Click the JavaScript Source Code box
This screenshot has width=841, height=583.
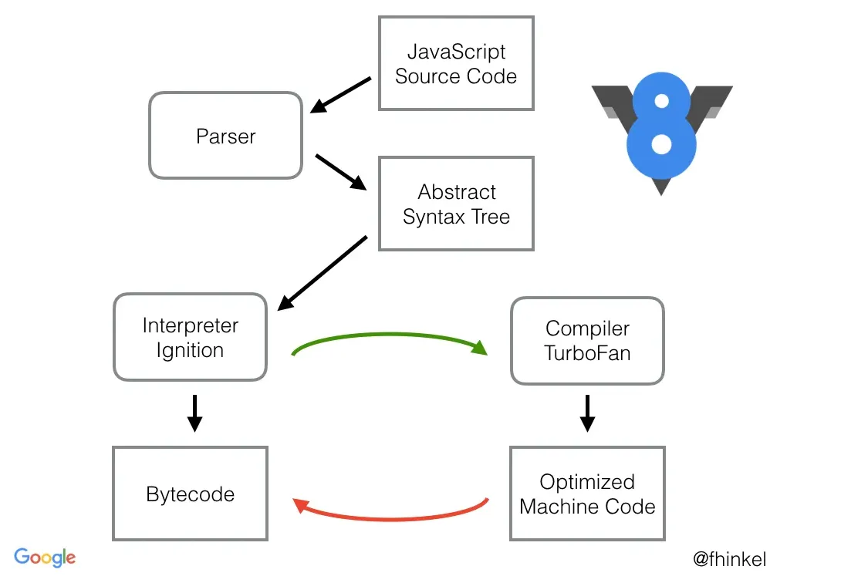click(456, 63)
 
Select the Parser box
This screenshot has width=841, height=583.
click(225, 136)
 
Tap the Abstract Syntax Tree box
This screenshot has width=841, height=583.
click(456, 204)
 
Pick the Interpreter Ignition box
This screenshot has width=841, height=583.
click(190, 337)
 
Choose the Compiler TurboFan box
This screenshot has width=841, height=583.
click(587, 340)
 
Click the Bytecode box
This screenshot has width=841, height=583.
click(190, 494)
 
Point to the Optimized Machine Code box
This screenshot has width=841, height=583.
click(587, 494)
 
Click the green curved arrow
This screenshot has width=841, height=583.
click(390, 336)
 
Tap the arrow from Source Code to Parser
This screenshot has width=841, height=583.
click(340, 94)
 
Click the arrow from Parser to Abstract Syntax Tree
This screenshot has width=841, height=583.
click(340, 171)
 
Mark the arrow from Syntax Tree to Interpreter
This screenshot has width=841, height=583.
click(322, 273)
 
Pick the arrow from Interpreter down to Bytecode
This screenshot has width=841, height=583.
click(195, 413)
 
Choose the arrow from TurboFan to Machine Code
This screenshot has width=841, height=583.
click(587, 413)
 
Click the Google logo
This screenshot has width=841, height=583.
click(45, 558)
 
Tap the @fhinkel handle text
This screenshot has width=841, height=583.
click(729, 559)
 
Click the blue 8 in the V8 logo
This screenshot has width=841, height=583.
click(661, 123)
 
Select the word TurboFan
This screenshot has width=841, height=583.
click(587, 353)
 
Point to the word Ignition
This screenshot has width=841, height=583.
click(190, 350)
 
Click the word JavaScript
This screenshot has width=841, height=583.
click(456, 52)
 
